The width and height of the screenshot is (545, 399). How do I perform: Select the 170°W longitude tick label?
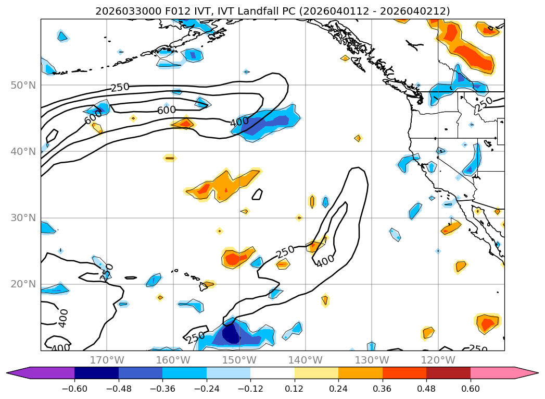[x=107, y=360]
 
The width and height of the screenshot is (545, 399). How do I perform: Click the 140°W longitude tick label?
[x=306, y=360]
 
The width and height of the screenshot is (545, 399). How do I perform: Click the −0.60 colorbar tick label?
[x=74, y=389]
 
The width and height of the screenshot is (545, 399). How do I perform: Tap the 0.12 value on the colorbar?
[x=295, y=389]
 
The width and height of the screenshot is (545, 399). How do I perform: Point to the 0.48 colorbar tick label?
[x=426, y=389]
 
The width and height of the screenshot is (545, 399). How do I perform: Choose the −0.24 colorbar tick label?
[x=207, y=389]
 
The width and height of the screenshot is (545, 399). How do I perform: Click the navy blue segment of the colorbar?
[x=96, y=373]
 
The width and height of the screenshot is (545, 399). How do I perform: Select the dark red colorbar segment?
[x=448, y=373]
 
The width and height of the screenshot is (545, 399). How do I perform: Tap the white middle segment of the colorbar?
[x=272, y=373]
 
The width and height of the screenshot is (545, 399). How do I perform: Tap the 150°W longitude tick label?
[x=239, y=360]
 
